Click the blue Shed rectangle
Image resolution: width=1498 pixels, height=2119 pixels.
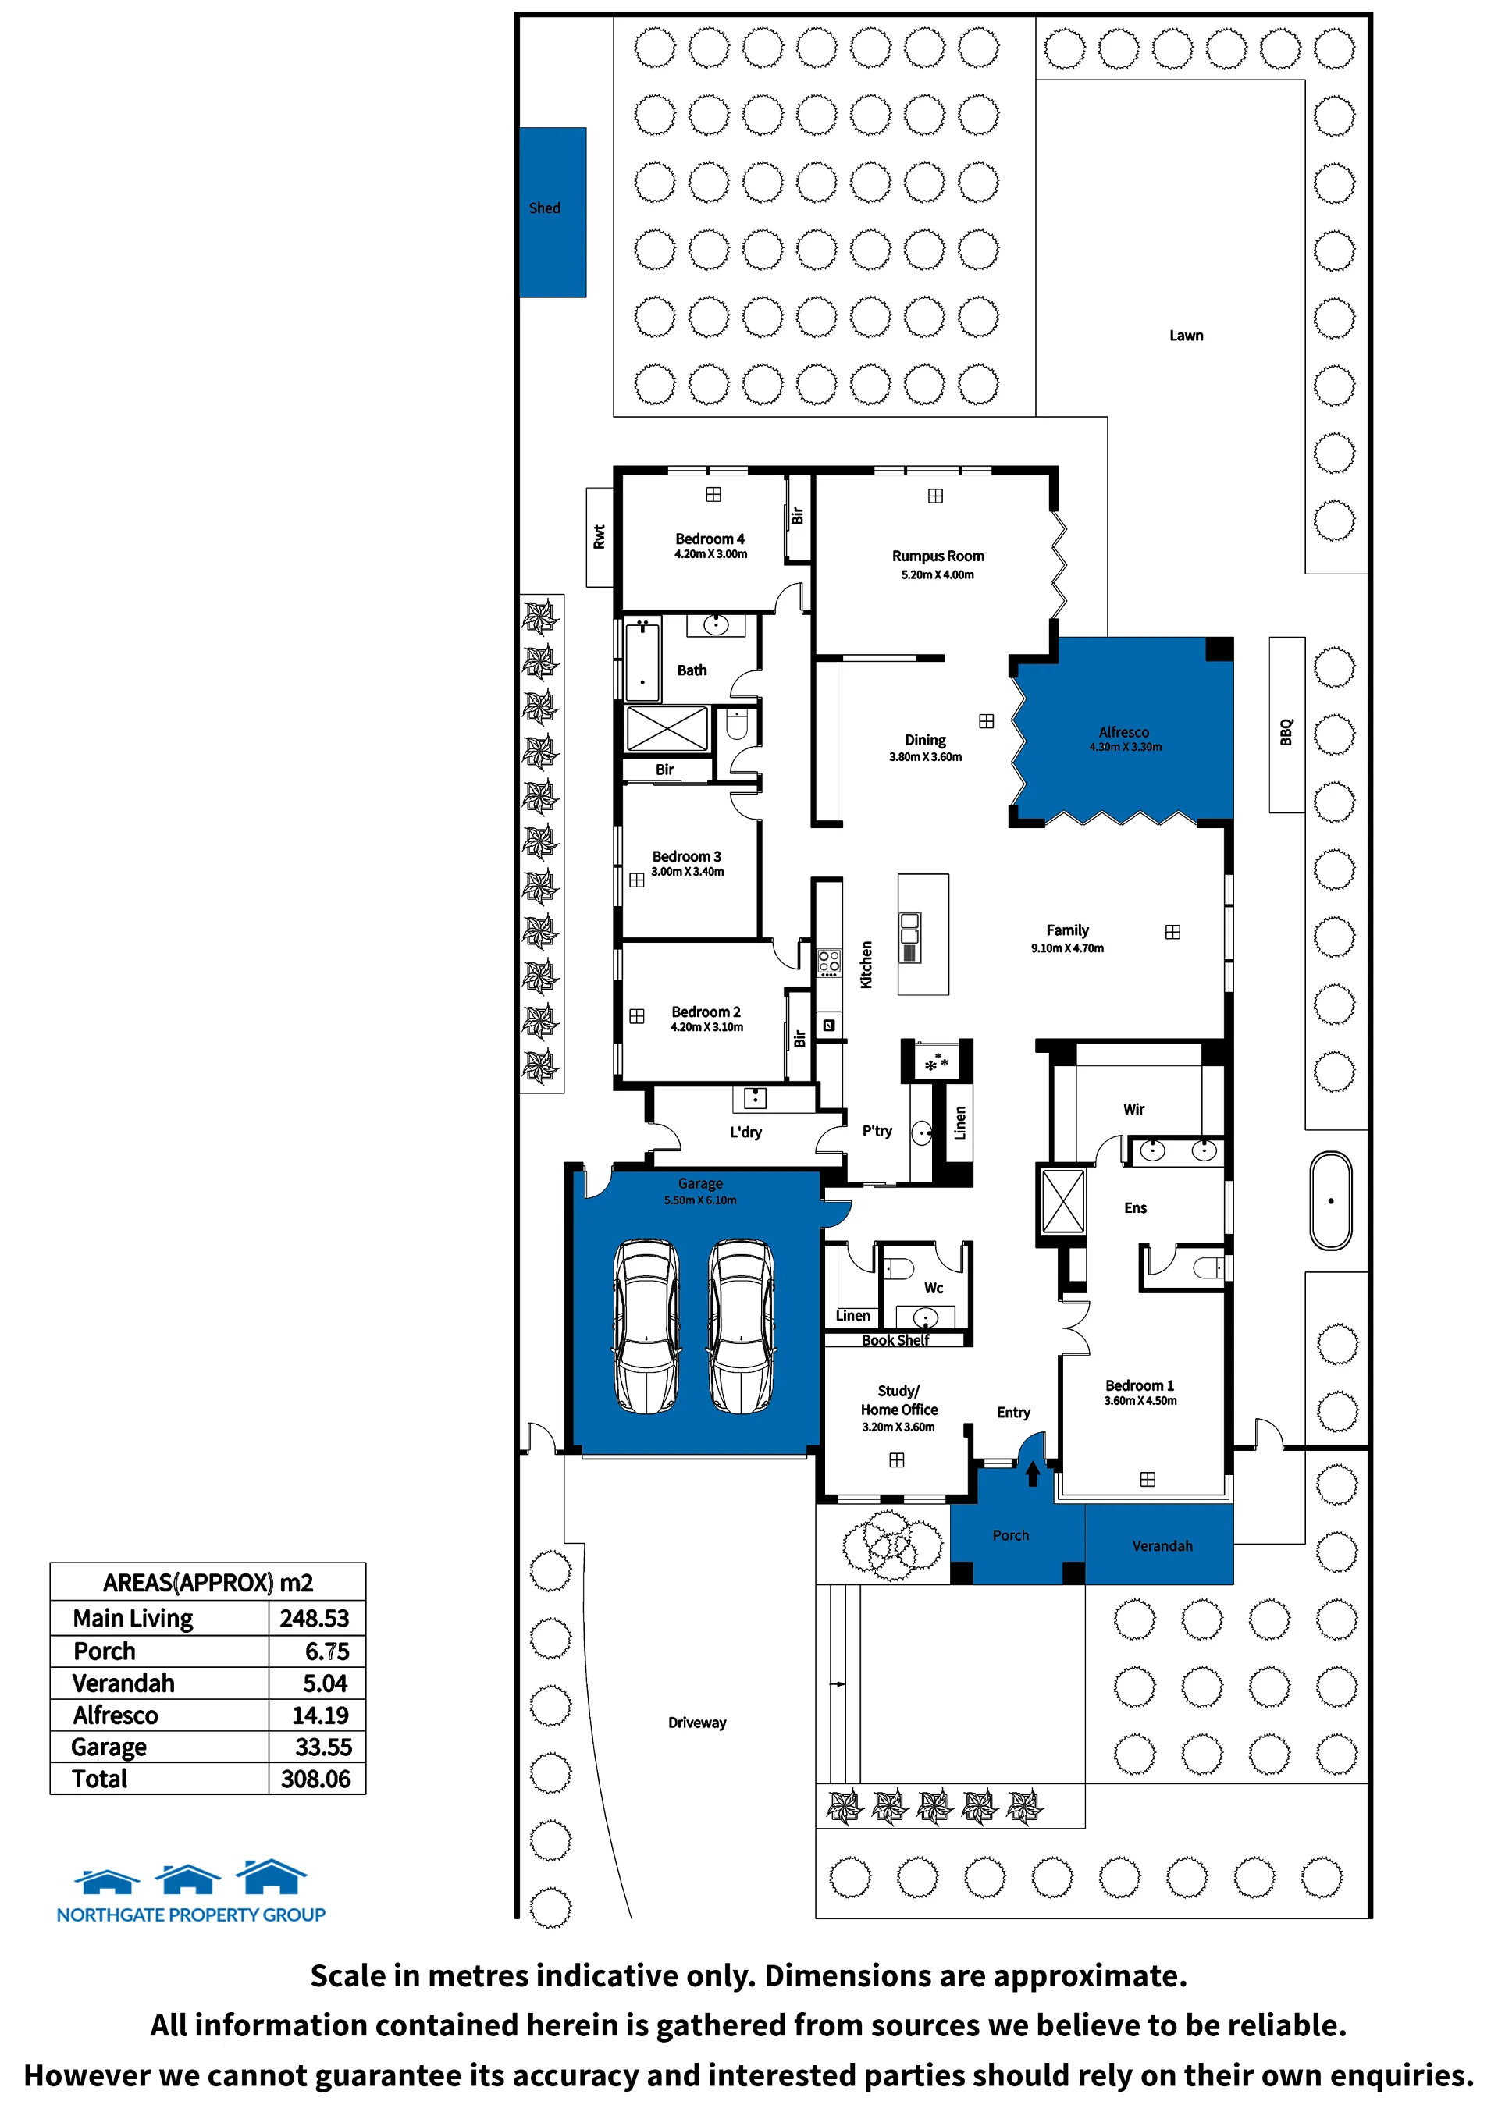[x=552, y=212]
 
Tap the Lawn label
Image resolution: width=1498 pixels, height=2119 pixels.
[x=1186, y=336]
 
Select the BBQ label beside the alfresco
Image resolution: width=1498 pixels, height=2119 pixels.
[x=1286, y=732]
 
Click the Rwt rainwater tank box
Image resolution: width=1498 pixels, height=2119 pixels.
[x=599, y=537]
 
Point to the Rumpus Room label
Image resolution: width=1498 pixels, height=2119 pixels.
[x=938, y=556]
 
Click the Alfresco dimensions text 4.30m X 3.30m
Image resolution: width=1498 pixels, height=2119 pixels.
[x=1125, y=748]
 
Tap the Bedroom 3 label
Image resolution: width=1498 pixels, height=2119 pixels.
[x=687, y=856]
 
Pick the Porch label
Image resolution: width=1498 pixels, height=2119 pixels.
[x=1011, y=1534]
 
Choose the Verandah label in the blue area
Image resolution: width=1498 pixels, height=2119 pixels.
[x=1162, y=1546]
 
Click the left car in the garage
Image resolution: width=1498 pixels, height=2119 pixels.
[x=647, y=1326]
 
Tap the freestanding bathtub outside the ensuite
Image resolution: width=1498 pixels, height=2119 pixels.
[x=1331, y=1200]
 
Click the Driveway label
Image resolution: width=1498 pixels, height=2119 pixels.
[x=697, y=1723]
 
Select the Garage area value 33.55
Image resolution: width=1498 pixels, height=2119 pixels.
[x=323, y=1747]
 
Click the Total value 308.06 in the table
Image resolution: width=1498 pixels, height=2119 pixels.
[x=315, y=1779]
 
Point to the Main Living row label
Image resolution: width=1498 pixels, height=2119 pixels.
[x=133, y=1619]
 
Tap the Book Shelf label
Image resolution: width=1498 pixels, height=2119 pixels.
[x=895, y=1340]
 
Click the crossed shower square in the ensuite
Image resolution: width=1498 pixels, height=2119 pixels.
[x=1063, y=1200]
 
